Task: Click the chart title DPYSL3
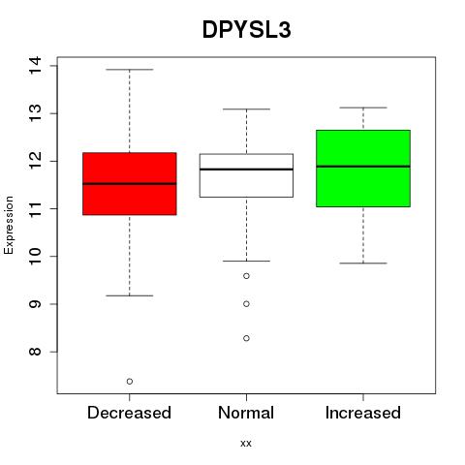pos(247,30)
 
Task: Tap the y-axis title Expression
pos(9,225)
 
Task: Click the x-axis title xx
pos(246,443)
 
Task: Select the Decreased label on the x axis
pos(129,413)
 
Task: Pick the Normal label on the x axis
pos(246,413)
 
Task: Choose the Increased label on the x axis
pos(363,413)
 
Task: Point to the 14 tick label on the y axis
pos(35,66)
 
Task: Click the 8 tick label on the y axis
pos(35,352)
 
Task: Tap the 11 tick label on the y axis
pos(35,208)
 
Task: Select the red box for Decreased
pos(130,183)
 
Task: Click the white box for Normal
pos(246,175)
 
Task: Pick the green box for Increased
pos(363,169)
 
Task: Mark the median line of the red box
pos(130,183)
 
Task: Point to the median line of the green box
pos(363,167)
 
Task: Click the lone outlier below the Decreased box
pos(130,382)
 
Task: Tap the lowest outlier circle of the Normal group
pos(246,338)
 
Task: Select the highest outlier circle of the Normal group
pos(246,276)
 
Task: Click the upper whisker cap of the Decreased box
pos(130,70)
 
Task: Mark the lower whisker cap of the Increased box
pos(363,263)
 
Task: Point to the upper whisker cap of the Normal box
pos(246,109)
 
